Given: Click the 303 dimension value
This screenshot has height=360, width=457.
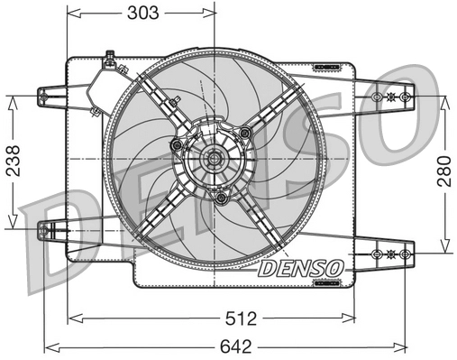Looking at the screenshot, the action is click(142, 13).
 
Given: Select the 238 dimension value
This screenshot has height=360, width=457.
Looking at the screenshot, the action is click(14, 161).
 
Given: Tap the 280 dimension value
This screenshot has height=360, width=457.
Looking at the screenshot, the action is click(444, 171).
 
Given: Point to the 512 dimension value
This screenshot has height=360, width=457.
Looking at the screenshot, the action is click(241, 318).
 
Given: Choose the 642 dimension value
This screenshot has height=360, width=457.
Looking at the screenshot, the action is click(235, 346).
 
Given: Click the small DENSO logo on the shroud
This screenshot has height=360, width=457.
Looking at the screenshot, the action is click(300, 268).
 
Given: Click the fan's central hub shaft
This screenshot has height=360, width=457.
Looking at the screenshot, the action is click(214, 158).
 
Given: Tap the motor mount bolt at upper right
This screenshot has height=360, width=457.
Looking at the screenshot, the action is click(245, 132).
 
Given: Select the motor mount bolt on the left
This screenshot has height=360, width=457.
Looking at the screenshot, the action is click(176, 145).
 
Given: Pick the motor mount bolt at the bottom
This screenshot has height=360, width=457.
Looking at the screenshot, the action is click(222, 198).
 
